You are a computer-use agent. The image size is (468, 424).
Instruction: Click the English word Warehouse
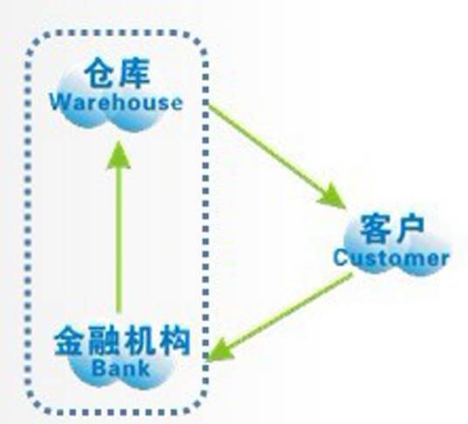pos(115,101)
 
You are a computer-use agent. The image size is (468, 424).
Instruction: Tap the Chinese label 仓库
pos(115,72)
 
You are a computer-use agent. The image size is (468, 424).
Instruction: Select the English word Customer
pos(390,258)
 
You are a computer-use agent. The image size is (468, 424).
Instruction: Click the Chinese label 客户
pos(392,229)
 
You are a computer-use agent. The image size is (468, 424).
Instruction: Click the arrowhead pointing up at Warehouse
pos(120,156)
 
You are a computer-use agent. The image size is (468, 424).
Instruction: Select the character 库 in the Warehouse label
pos(132,72)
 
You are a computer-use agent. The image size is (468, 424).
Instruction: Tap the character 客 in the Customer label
pos(375,229)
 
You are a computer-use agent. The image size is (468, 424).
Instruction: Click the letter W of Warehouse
pos(59,101)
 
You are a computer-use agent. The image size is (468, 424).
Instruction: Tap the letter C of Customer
pos(341,258)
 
